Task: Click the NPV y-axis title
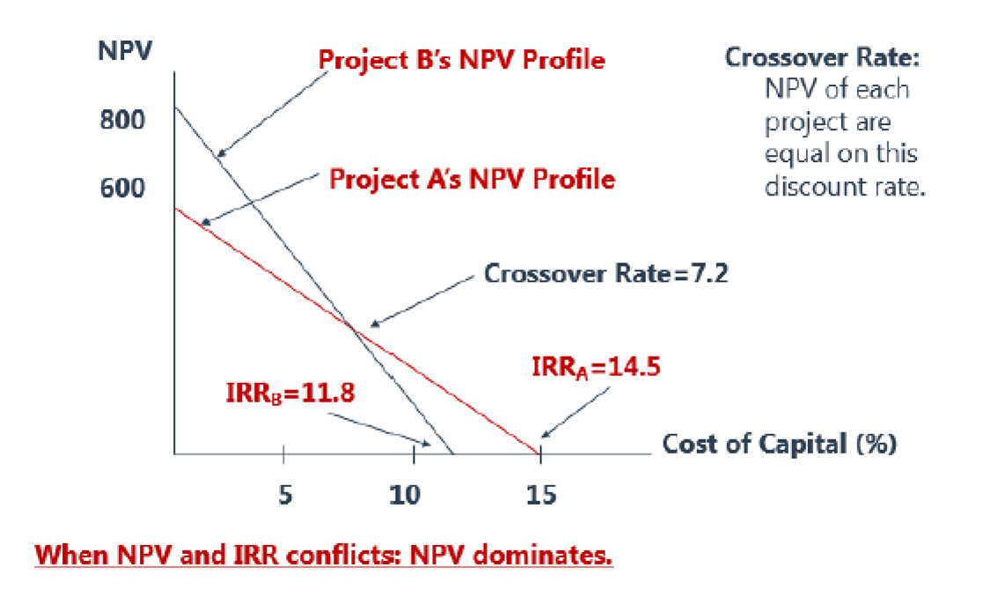(125, 51)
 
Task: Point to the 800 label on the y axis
(122, 119)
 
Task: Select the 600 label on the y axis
(122, 188)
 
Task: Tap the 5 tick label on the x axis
(285, 495)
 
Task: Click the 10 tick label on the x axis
(405, 495)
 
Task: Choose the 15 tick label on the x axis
(541, 495)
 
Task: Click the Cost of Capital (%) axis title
(779, 444)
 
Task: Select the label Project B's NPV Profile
(461, 60)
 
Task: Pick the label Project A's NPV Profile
(472, 180)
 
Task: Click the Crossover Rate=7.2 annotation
(605, 274)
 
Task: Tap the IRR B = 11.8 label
(290, 394)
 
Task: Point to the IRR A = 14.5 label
(596, 367)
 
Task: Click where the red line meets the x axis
(539, 453)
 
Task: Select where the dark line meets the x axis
(452, 453)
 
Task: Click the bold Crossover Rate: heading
(822, 58)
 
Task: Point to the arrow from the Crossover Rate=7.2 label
(422, 299)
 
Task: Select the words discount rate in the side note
(845, 187)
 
